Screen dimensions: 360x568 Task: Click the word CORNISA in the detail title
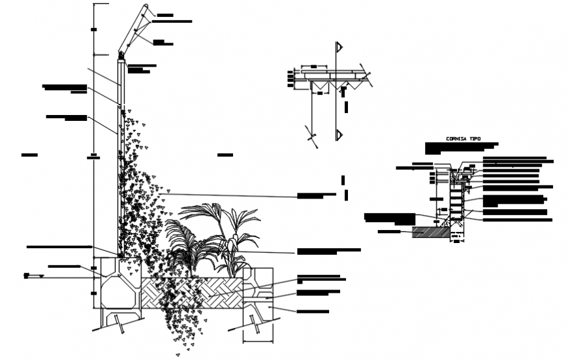coord(456,139)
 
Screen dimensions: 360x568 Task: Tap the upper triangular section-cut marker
coord(339,48)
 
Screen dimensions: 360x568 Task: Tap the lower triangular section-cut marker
coord(339,135)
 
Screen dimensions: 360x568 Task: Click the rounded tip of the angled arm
coord(146,9)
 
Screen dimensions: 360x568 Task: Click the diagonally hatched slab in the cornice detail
coord(427,231)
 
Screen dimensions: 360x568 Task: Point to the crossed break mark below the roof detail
coord(312,137)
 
